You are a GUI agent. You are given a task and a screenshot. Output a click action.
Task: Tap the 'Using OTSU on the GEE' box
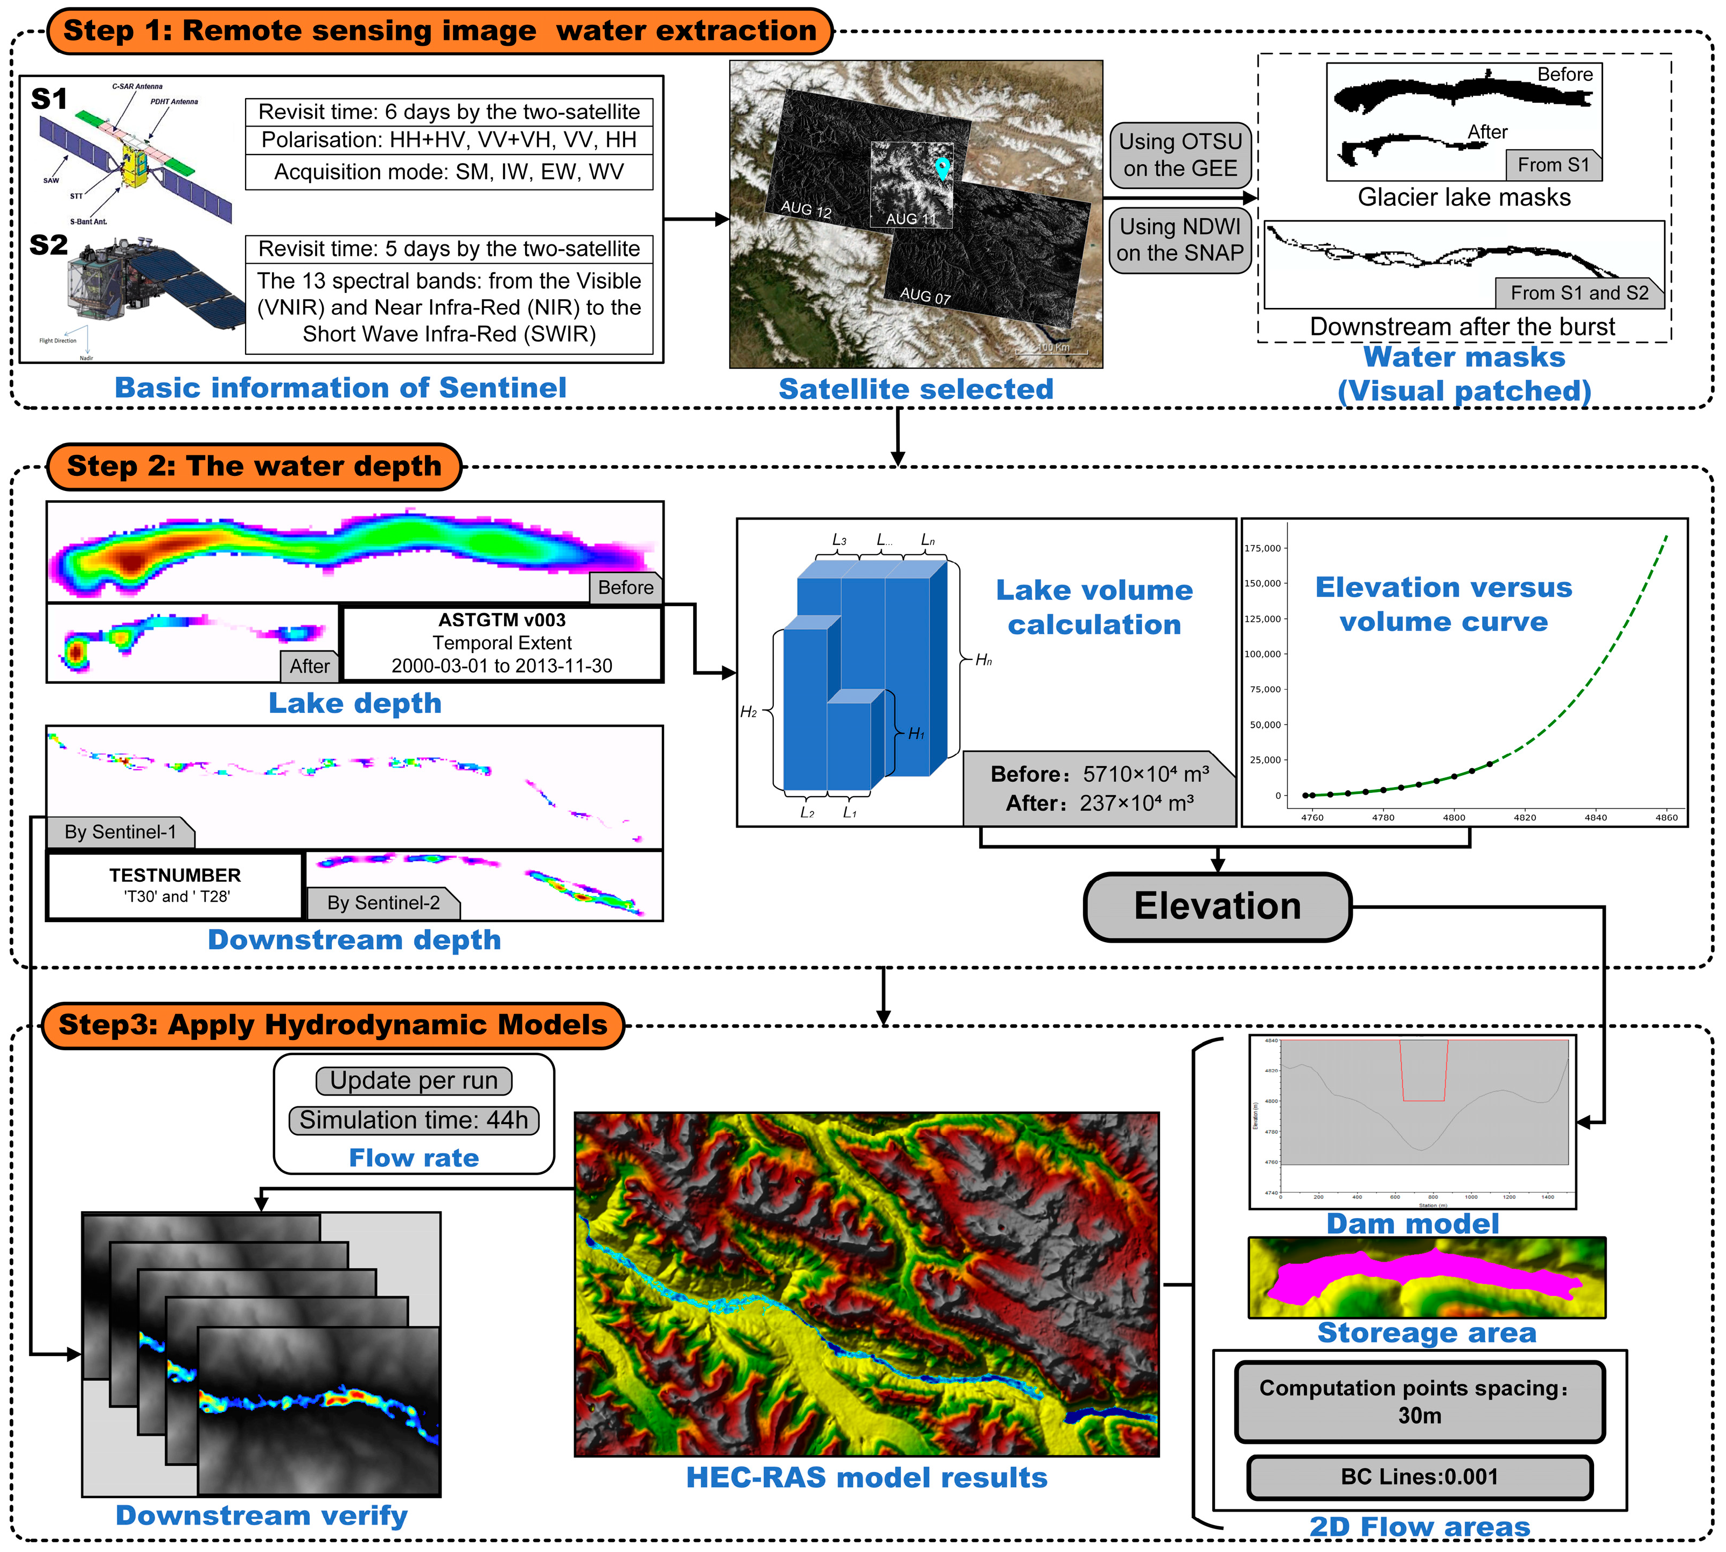pos(1180,155)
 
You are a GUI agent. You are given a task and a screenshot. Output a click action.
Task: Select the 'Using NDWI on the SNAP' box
pos(1180,241)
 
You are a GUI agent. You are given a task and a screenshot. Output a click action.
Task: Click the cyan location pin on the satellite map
pos(942,168)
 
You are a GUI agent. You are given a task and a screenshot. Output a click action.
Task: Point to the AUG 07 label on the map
pos(925,296)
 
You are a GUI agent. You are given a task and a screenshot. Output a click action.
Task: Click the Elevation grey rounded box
pos(1218,907)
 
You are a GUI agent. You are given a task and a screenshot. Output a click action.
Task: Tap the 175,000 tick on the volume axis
pos(1263,549)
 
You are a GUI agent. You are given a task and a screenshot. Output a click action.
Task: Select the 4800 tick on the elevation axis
pos(1454,817)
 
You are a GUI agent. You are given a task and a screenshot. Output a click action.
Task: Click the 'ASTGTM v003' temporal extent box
pos(502,643)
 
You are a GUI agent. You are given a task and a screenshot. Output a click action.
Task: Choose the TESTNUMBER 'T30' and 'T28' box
pos(175,885)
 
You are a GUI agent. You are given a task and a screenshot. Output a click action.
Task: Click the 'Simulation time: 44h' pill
pos(414,1120)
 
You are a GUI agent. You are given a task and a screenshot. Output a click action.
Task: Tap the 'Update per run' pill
pos(414,1080)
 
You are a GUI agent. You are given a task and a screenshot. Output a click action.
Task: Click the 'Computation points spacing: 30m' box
pos(1419,1401)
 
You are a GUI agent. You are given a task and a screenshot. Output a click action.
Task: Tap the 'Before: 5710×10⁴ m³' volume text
pos(1099,774)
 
